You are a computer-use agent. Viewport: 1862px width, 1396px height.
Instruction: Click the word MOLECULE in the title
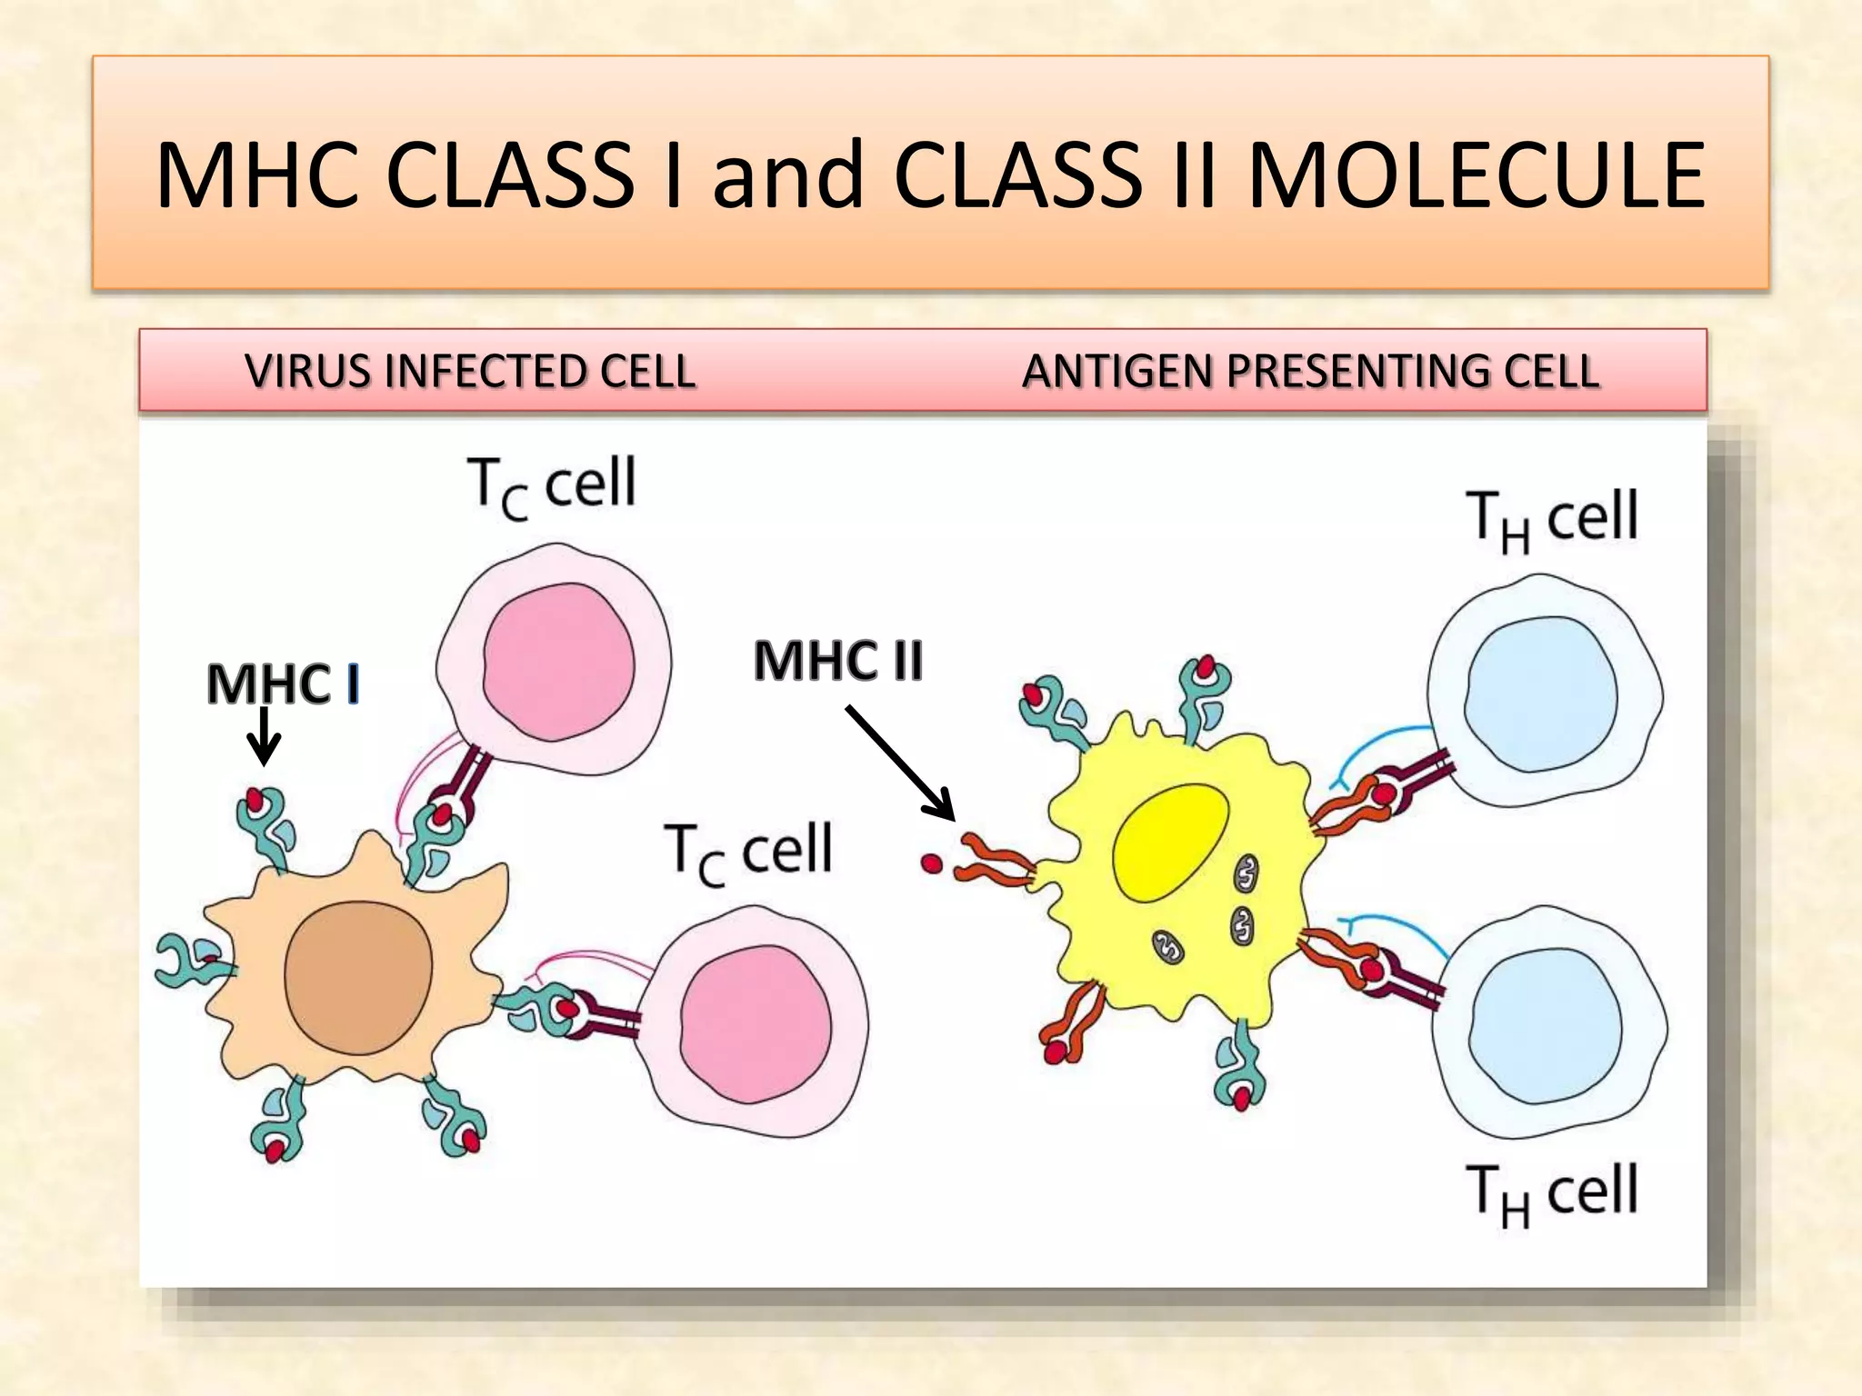coord(1477,175)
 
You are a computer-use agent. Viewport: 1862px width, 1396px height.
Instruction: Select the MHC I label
coord(283,683)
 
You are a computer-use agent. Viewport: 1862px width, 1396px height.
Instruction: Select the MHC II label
coord(837,660)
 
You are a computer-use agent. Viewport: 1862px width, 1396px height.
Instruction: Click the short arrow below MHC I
coord(264,736)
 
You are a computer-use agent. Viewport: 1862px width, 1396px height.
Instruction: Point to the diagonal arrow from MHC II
coord(900,762)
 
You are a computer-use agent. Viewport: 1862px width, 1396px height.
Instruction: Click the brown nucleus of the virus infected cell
coord(358,976)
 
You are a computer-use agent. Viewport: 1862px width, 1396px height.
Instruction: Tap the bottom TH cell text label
coord(1552,1192)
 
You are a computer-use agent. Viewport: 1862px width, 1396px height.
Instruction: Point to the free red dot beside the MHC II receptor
coord(931,863)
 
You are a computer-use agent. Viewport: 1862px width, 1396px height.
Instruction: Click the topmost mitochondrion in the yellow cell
coord(1246,873)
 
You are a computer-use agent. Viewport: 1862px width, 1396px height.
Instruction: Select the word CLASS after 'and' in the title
coord(1018,175)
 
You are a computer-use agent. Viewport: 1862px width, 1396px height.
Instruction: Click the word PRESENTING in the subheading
coord(1359,372)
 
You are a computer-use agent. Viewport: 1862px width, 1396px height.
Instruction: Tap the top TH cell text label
coord(1552,519)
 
